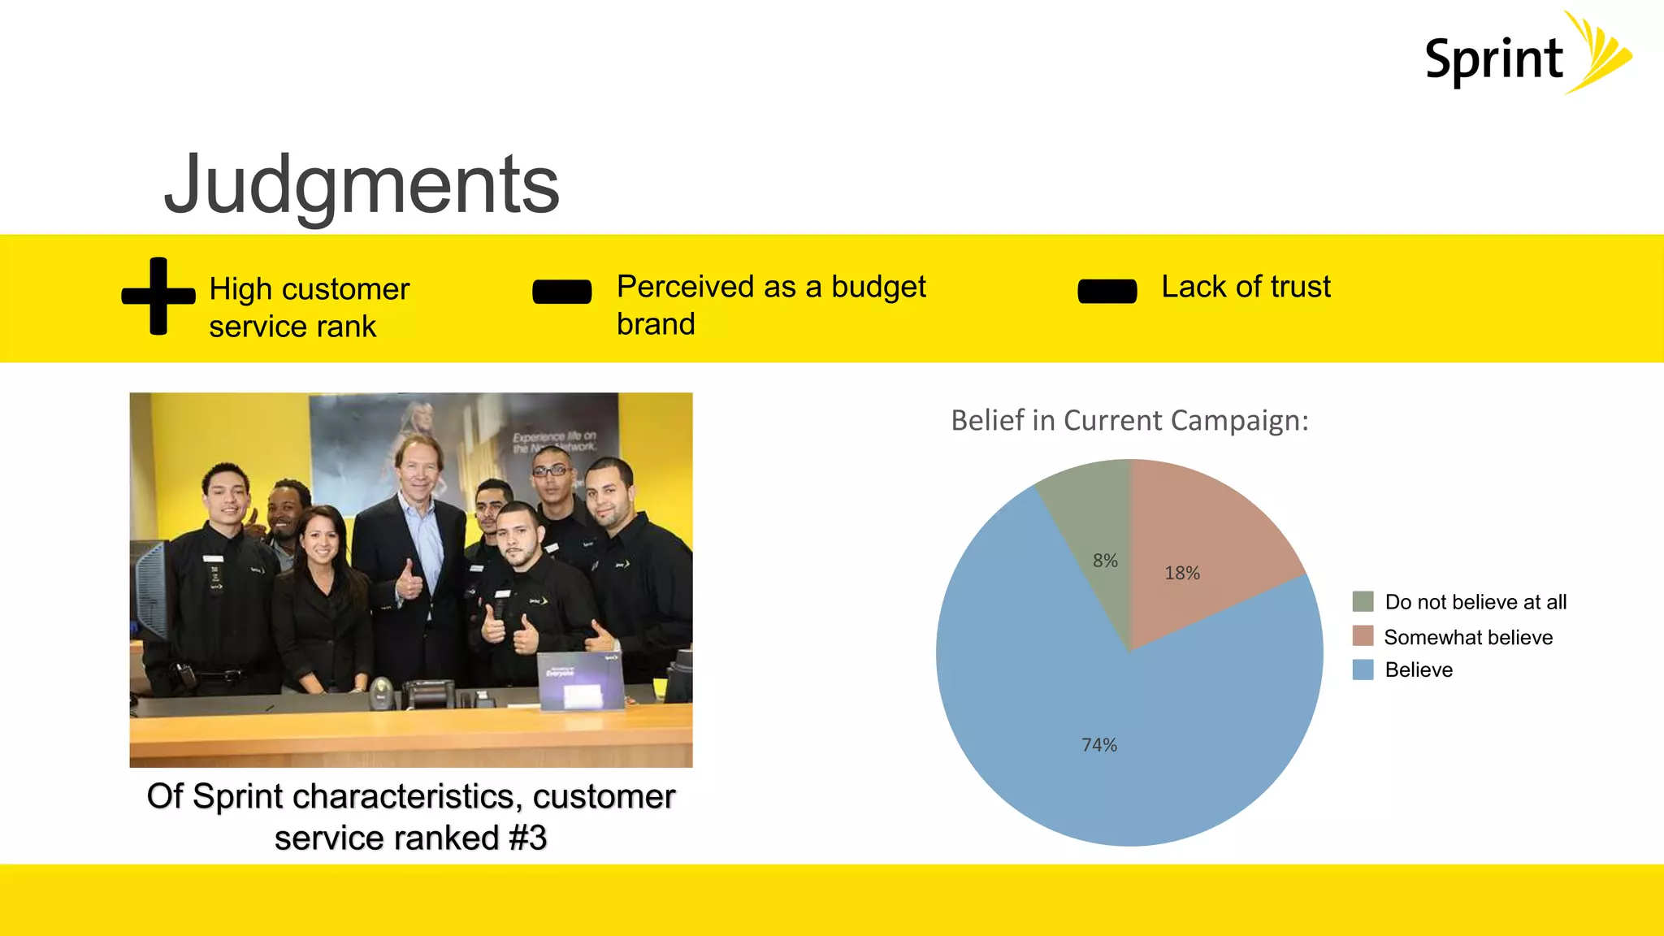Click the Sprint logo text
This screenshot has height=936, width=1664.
1493,60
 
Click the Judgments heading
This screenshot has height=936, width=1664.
362,185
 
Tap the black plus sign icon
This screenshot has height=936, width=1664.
158,296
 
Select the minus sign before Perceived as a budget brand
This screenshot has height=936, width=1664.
561,292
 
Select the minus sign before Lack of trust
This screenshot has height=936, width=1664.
1107,291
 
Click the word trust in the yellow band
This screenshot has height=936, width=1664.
1300,287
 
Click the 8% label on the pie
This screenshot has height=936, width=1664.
1105,561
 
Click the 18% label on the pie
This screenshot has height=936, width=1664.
1182,573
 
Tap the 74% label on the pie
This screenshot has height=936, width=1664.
1099,745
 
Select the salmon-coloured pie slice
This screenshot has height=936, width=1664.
1202,528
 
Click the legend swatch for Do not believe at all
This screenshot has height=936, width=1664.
1363,602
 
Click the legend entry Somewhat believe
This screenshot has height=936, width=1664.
1467,638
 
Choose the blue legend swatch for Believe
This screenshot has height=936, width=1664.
1363,670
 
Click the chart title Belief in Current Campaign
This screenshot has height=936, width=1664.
1129,421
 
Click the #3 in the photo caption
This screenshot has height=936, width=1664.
527,838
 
